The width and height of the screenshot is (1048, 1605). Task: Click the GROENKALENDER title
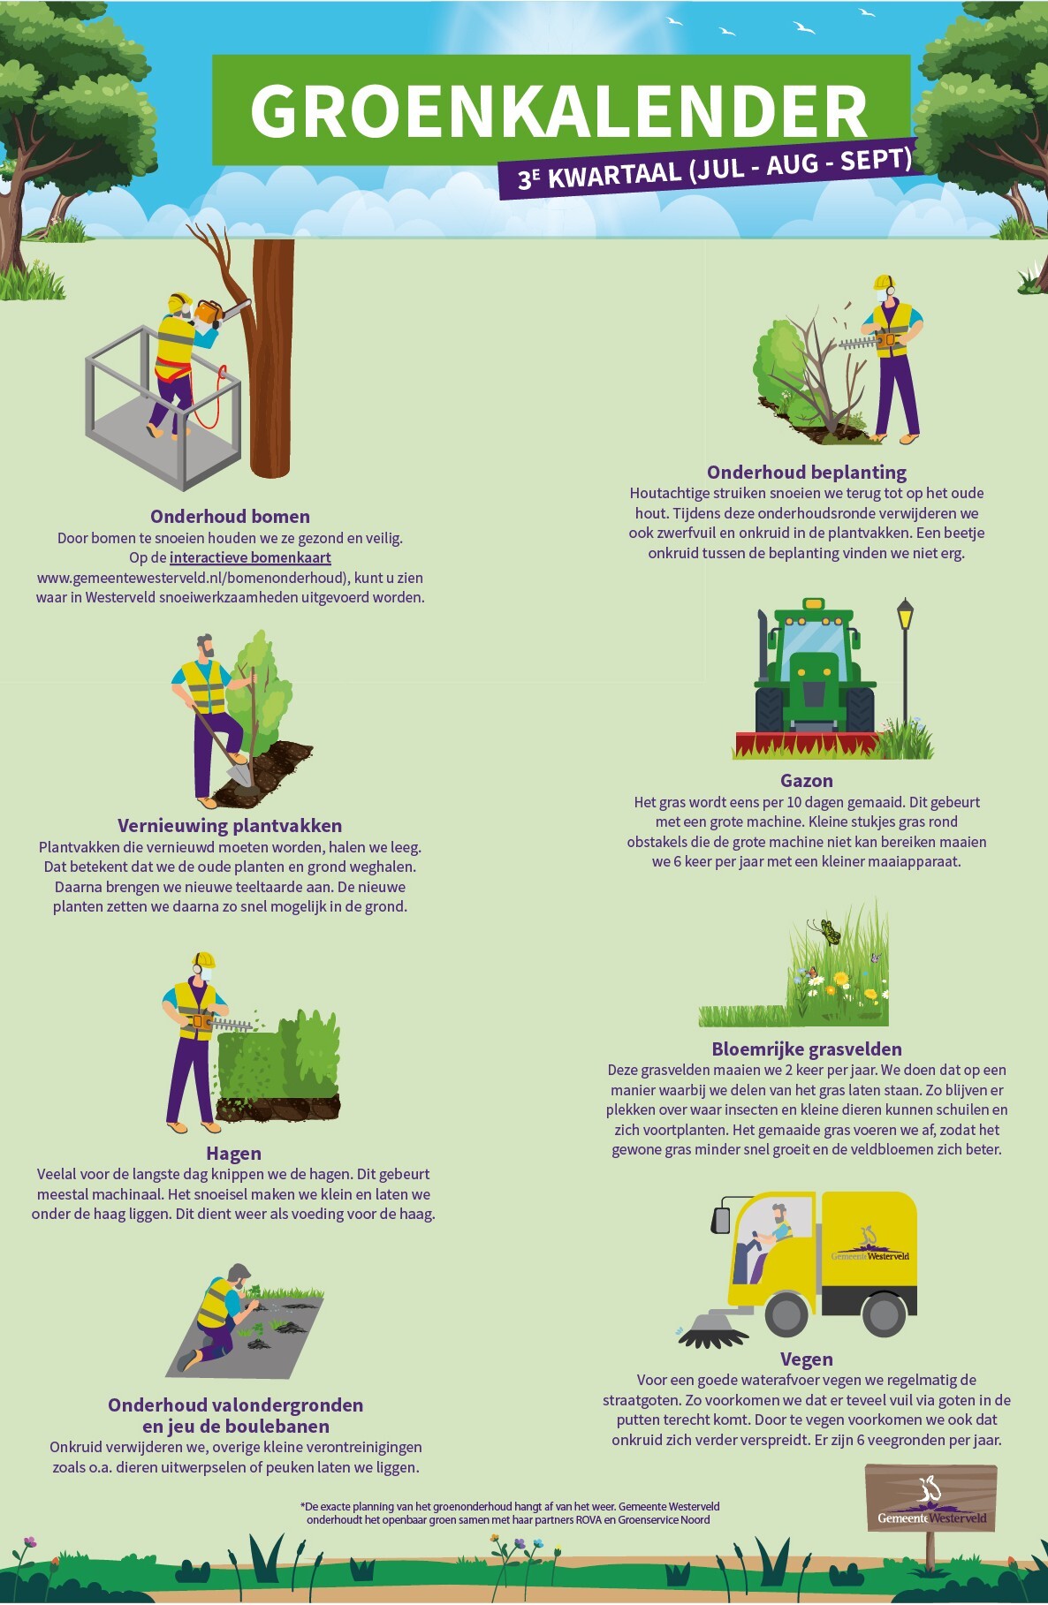pos(558,111)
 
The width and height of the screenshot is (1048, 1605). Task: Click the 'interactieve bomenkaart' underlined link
pos(250,557)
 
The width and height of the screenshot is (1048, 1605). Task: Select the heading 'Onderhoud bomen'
pos(230,517)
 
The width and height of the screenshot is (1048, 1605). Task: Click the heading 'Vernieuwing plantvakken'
pos(230,826)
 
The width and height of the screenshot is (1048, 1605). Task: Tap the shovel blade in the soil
pos(239,772)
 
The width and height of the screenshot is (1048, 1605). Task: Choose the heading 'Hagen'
pos(233,1154)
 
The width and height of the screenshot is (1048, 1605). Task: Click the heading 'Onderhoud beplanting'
pos(807,473)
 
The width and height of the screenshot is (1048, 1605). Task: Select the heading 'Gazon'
pos(807,781)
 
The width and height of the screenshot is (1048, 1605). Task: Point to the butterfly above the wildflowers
pos(827,929)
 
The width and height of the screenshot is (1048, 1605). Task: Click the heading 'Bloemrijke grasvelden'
pos(807,1049)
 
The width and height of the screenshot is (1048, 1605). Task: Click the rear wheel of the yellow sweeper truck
pos(884,1314)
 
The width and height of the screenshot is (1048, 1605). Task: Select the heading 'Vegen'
pos(807,1359)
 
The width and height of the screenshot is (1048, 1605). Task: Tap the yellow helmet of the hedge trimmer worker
pos(203,960)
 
